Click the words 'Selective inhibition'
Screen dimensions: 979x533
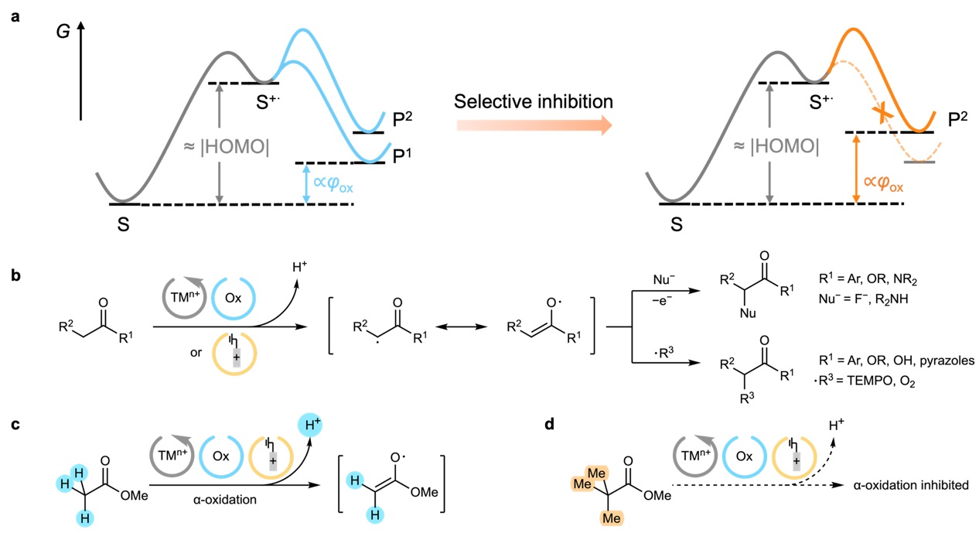pos(534,101)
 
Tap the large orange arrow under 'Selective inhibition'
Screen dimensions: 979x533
pos(534,125)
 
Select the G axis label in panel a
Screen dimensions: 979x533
pos(63,32)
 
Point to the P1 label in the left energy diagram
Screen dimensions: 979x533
pos(402,155)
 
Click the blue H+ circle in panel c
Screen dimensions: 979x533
pos(310,425)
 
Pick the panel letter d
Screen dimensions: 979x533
pos(550,423)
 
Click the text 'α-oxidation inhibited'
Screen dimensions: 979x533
pos(911,485)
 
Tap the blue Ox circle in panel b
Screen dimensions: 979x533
pos(233,298)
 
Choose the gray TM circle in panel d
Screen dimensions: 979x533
pos(695,456)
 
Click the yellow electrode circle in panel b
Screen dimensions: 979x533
pos(234,354)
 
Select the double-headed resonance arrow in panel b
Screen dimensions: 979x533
pos(461,326)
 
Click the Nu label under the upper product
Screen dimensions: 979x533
pos(748,313)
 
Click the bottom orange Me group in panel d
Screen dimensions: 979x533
pos(611,518)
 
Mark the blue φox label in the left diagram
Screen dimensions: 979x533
pos(333,183)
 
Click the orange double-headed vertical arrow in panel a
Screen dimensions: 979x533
pos(856,169)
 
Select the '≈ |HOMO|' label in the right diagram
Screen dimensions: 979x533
pos(776,146)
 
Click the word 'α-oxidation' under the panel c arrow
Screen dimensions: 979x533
pos(225,499)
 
